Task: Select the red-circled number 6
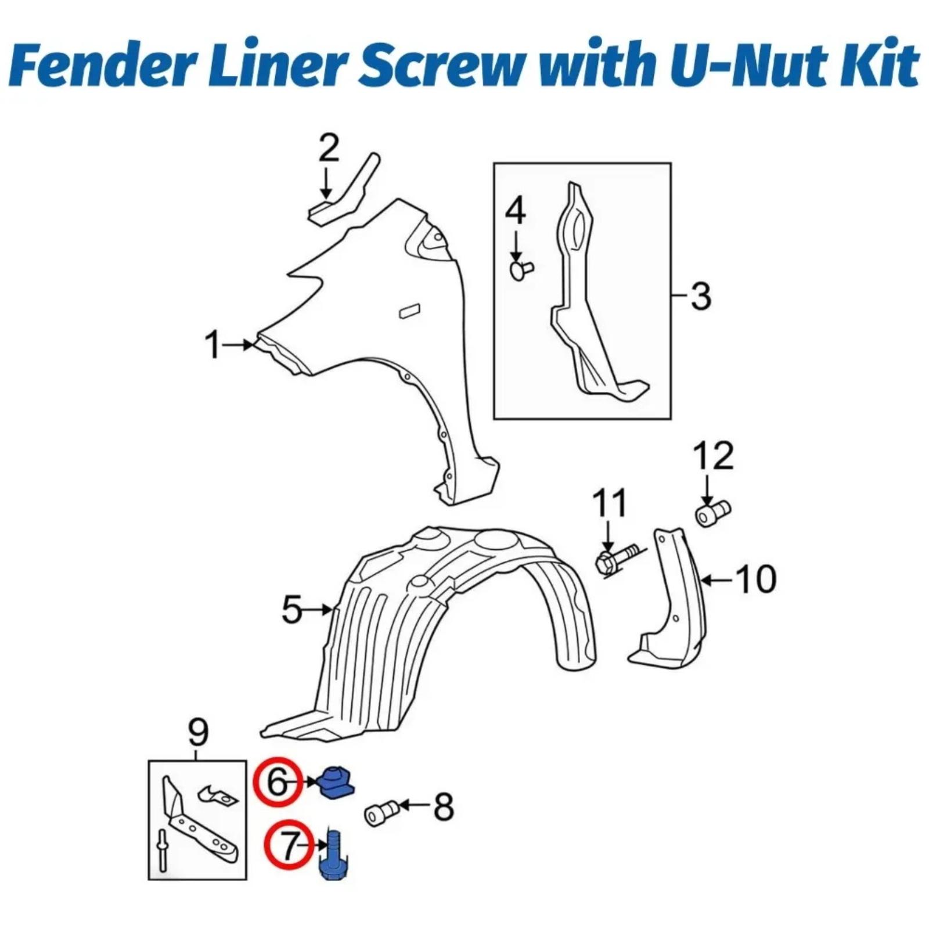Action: (x=278, y=782)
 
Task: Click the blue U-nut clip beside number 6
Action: (x=336, y=782)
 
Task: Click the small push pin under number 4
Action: (x=521, y=269)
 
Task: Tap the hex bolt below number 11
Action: (x=617, y=559)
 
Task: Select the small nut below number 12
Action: (x=712, y=513)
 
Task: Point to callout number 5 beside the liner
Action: (x=291, y=610)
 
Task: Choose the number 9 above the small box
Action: (x=198, y=732)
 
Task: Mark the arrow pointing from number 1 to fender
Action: (x=239, y=345)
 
